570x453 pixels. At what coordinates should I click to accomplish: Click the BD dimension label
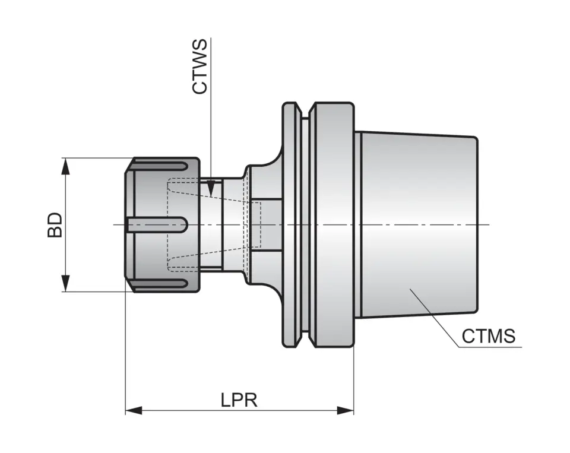click(x=55, y=224)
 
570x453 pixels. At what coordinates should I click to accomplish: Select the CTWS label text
click(x=200, y=66)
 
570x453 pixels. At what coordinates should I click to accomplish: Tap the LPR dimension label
click(x=239, y=400)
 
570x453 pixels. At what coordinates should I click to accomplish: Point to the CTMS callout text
click(x=488, y=337)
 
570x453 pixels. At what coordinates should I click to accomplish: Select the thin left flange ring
click(x=290, y=224)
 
